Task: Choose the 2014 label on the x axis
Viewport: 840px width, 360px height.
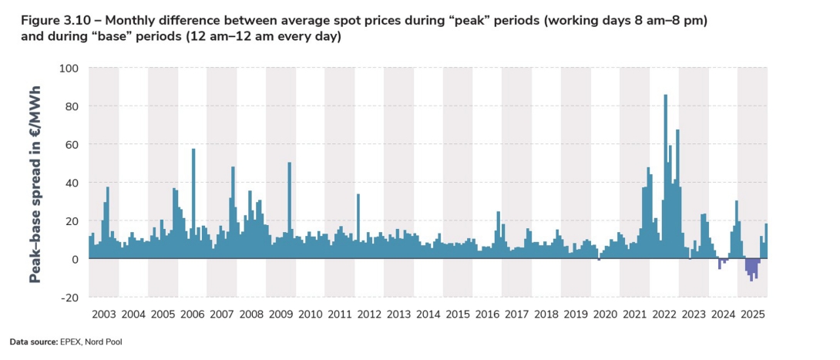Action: coord(428,315)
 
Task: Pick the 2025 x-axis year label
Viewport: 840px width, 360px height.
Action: coord(752,315)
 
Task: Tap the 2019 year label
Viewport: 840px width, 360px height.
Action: coord(576,315)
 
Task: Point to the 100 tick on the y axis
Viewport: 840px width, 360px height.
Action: coord(69,68)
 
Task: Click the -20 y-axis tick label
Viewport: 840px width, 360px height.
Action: coord(69,298)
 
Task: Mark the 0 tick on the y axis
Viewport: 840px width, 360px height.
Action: coord(76,259)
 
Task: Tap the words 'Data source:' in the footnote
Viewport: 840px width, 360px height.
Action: coord(33,341)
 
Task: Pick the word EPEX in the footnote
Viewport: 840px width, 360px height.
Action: coord(71,341)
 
